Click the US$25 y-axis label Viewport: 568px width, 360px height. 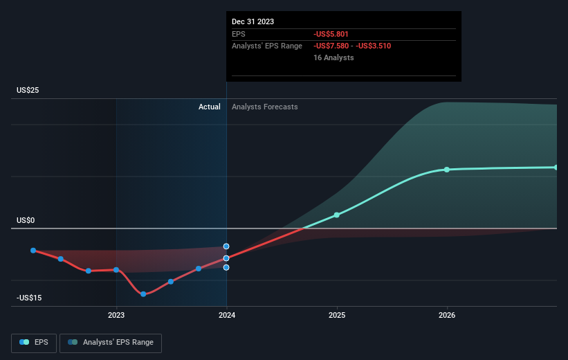(28, 91)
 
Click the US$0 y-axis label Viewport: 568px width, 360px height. (26, 221)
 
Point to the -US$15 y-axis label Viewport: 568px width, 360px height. (29, 298)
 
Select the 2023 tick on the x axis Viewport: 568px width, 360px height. (116, 316)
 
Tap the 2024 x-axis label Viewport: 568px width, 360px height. (226, 316)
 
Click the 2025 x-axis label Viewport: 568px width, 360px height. (337, 316)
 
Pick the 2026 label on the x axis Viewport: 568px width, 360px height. (447, 316)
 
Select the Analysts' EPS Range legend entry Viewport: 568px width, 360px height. (111, 343)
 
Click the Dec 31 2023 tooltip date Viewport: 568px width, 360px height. (253, 21)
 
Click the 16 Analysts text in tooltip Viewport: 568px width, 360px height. (333, 58)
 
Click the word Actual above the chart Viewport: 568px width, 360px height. (209, 107)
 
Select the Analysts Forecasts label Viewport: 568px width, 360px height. (265, 107)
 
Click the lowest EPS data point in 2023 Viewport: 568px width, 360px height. (143, 294)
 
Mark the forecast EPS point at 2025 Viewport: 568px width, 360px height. (337, 215)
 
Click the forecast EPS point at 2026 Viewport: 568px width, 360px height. (447, 170)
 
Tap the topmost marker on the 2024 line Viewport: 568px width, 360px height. (226, 246)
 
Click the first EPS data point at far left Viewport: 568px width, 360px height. (33, 251)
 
